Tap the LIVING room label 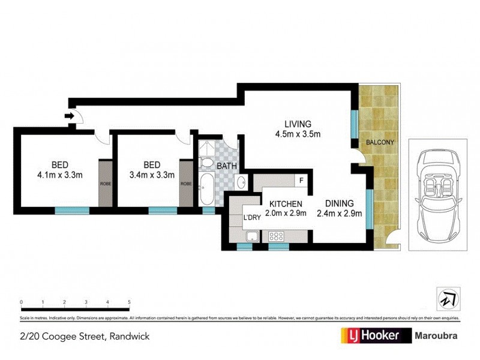click(298, 124)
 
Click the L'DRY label click(251, 218)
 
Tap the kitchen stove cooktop click(278, 236)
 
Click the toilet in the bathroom click(206, 163)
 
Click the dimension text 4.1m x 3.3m click(59, 175)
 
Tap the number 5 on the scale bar click(129, 302)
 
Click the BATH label click(227, 166)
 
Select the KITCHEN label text click(285, 203)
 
